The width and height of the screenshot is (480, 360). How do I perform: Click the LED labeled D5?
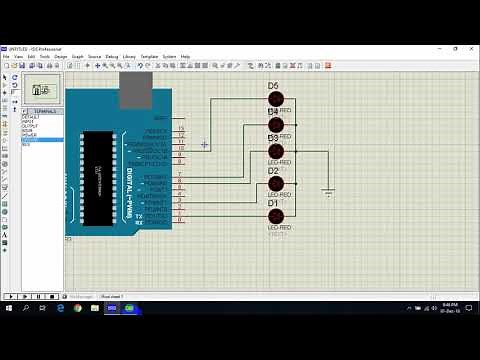276,100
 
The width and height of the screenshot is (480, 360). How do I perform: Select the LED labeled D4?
276,126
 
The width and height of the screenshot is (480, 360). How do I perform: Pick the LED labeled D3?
276,152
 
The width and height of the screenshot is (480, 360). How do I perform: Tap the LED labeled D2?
276,185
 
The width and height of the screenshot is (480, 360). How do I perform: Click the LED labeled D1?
276,216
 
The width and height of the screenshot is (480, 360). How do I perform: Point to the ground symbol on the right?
327,190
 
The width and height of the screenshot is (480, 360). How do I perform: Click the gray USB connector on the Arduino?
133,93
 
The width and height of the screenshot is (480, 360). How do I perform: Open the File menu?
6,57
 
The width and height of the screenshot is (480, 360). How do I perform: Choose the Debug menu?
112,57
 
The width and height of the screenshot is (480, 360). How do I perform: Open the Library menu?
129,57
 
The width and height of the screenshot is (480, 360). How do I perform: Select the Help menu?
185,57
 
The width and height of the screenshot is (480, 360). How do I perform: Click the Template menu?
149,57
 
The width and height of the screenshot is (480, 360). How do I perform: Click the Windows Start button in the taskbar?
7,308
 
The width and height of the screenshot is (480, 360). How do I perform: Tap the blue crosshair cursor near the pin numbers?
204,145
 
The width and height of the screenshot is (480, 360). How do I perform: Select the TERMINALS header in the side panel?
45,111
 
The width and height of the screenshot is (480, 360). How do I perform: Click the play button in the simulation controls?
9,297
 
